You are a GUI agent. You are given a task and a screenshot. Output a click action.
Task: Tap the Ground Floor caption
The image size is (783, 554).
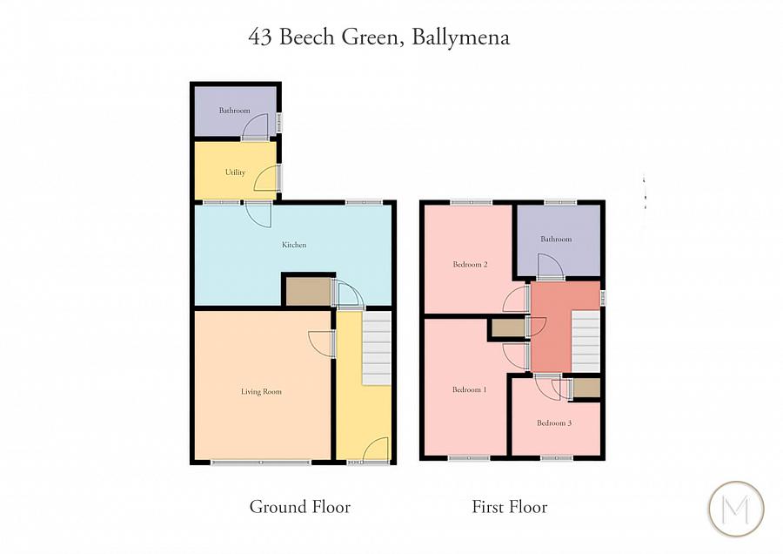click(x=299, y=506)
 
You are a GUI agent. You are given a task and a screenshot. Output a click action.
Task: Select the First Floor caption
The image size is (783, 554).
click(x=509, y=506)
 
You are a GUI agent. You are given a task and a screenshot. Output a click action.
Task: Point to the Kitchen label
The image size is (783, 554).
click(x=294, y=246)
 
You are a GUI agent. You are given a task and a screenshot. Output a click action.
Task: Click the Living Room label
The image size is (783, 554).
click(x=261, y=392)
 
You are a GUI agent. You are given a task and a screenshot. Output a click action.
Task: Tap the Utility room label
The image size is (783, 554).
click(x=235, y=172)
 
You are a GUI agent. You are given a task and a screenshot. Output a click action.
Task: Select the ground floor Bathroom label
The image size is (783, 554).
click(x=234, y=111)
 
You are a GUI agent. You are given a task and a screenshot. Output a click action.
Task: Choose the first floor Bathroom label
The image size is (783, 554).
click(x=556, y=239)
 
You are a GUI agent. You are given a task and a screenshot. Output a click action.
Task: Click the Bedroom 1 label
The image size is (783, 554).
click(x=469, y=389)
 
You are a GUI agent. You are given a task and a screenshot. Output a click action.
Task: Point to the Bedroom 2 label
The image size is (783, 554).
click(x=469, y=264)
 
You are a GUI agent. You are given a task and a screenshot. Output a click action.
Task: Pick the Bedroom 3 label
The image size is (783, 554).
click(x=554, y=423)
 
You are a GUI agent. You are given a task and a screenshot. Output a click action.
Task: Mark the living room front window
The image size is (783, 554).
click(x=261, y=462)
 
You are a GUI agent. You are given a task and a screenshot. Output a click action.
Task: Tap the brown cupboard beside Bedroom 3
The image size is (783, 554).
click(x=586, y=388)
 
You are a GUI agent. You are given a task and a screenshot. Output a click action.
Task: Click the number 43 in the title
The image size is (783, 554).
click(x=259, y=37)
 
